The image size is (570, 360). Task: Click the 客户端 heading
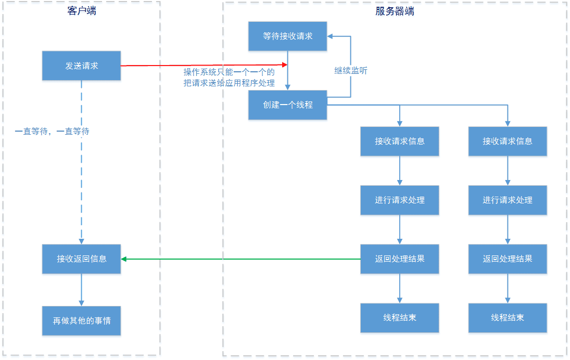point(82,11)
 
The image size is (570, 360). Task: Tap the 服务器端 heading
point(395,11)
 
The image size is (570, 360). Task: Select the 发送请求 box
point(81,66)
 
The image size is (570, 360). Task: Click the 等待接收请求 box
point(287,36)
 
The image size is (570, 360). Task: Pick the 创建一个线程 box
point(287,105)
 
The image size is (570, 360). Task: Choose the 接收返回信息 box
point(81,259)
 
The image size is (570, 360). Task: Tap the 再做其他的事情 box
point(81,320)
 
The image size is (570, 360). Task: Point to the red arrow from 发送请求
point(203,65)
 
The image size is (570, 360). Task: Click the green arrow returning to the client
point(239,259)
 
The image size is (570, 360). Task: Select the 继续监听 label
point(350,71)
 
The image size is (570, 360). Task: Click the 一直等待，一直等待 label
point(52,132)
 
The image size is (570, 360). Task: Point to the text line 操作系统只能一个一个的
point(229,72)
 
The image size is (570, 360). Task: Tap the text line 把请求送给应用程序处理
point(229,83)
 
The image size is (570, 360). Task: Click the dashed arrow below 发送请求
point(81,161)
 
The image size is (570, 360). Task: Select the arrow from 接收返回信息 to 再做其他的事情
point(81,289)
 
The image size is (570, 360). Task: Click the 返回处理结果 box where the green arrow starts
point(400,259)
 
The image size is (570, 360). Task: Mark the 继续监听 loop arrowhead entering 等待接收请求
point(331,36)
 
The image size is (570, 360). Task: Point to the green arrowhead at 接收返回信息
point(124,259)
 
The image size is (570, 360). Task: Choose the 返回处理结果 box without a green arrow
point(508,259)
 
